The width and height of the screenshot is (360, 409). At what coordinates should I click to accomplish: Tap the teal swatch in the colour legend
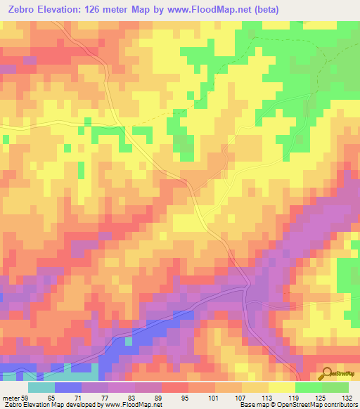(x=41, y=388)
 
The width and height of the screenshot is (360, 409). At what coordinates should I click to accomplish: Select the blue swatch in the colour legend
(x=68, y=388)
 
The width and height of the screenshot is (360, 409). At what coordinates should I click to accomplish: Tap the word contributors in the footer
(x=340, y=405)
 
